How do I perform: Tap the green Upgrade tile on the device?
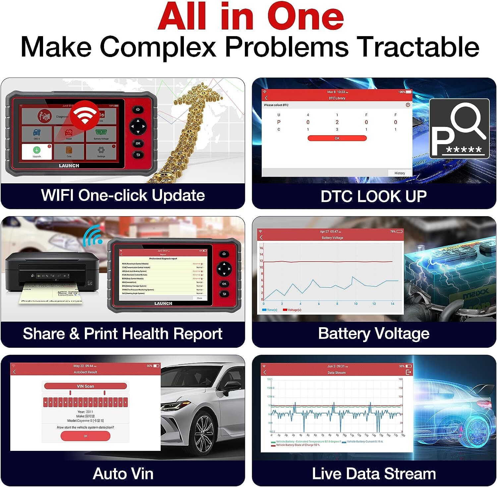(36, 152)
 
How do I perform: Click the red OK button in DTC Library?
(337, 138)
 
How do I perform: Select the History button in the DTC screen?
(400, 173)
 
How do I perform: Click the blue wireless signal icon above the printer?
(92, 236)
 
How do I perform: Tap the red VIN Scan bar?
(85, 386)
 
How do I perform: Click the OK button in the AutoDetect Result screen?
(85, 436)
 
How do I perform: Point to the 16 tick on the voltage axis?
(261, 248)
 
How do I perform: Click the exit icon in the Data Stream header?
(408, 372)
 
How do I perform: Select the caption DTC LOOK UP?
(373, 196)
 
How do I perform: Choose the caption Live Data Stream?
(373, 474)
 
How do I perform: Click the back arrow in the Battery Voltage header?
(261, 237)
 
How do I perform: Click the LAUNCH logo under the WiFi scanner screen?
(69, 165)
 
